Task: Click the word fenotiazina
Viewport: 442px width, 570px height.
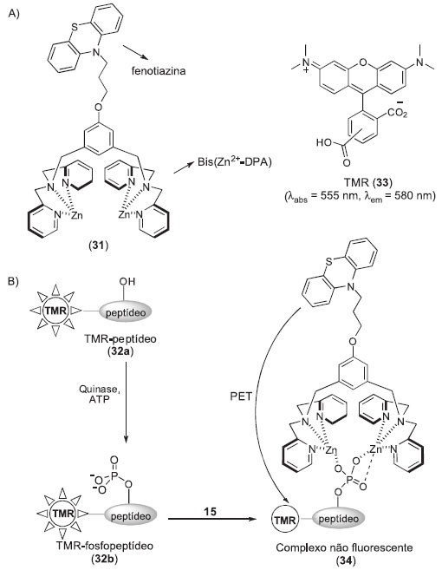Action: coord(159,70)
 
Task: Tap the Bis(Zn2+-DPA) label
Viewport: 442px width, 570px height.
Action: coord(235,161)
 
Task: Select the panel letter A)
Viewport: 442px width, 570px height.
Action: coord(14,14)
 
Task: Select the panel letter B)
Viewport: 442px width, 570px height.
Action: coord(14,281)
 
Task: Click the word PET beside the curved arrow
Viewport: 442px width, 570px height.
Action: coord(241,396)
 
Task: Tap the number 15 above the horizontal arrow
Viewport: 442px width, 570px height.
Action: coord(210,511)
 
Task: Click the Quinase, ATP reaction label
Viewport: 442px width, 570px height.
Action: coord(99,394)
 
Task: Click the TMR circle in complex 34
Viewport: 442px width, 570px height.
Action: coord(285,521)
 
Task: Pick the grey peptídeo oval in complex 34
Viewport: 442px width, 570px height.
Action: coord(338,519)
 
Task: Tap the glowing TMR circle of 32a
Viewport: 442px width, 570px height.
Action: coord(55,311)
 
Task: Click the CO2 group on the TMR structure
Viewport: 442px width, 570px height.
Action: coord(397,113)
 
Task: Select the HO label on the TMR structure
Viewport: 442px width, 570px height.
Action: coord(324,142)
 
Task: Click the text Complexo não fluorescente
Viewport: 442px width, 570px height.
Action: coord(344,547)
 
